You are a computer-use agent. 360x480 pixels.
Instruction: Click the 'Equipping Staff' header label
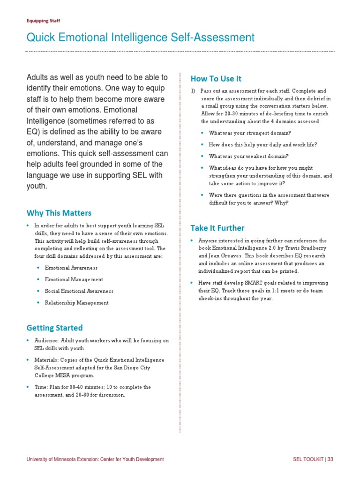tap(43, 21)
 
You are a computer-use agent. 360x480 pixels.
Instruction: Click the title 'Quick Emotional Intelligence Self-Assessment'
tap(140, 37)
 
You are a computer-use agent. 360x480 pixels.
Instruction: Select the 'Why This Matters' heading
tap(59, 213)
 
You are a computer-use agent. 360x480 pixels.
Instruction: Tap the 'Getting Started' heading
tap(54, 328)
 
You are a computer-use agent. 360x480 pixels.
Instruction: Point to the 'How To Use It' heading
tap(216, 78)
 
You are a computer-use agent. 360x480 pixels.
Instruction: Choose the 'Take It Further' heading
tap(217, 228)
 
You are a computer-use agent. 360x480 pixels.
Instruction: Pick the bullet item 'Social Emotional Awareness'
tap(79, 291)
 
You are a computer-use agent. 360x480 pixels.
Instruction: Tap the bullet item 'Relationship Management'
tap(76, 303)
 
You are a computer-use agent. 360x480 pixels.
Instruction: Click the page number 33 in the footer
tap(330, 459)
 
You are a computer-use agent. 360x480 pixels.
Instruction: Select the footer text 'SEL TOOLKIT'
tap(307, 459)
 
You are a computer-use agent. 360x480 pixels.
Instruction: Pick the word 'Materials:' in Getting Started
tap(46, 360)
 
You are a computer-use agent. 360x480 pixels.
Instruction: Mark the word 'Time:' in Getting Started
tap(41, 387)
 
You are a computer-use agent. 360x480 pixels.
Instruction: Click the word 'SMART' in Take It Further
tap(254, 283)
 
